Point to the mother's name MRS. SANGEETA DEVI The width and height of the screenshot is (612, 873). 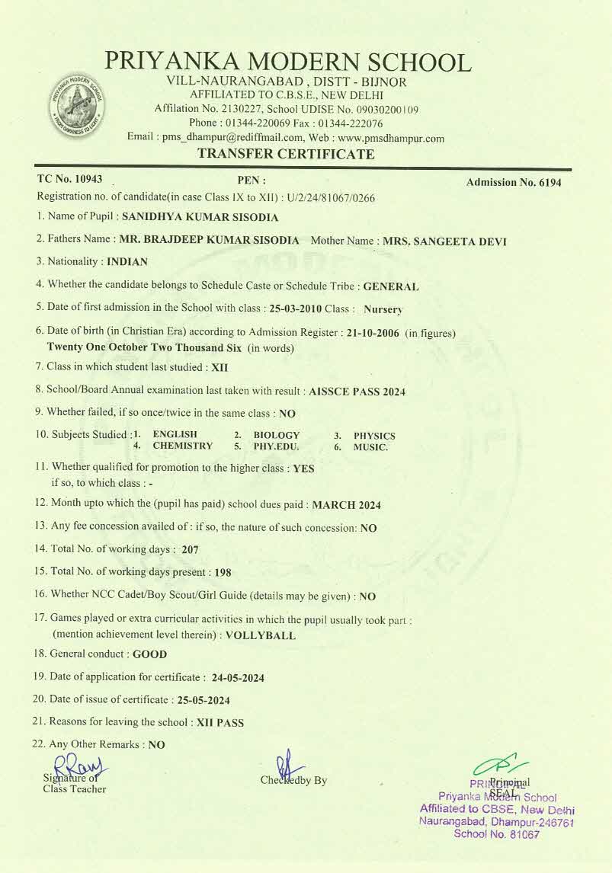444,241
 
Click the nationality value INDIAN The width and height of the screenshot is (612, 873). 127,261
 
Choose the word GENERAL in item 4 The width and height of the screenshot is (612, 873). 391,287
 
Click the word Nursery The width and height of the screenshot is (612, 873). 383,310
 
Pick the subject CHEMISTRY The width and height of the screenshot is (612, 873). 183,446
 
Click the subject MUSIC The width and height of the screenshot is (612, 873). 370,447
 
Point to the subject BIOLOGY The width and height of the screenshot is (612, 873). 277,435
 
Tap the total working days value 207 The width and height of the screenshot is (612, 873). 191,548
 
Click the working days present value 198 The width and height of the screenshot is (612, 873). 223,572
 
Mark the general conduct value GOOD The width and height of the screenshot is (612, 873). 150,654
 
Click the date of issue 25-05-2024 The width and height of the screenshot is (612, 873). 203,700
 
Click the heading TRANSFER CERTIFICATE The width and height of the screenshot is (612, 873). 286,154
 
